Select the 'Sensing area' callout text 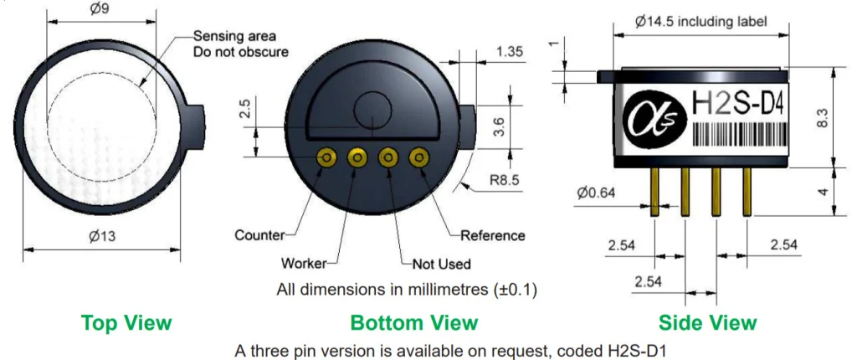tap(235, 37)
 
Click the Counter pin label tap(259, 236)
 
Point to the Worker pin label tap(303, 263)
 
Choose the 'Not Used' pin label tap(441, 265)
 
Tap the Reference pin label tap(492, 236)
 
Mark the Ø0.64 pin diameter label tap(596, 193)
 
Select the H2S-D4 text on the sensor tap(738, 104)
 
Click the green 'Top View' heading tap(126, 323)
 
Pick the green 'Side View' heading tap(708, 323)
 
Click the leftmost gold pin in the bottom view tap(327, 158)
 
